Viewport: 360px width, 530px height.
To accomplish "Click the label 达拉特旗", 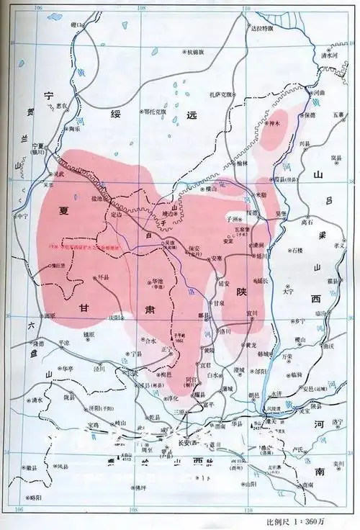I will tap(261, 28).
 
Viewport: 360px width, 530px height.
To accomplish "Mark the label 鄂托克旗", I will tap(155, 112).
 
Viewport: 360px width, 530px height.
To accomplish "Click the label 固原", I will tap(49, 315).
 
